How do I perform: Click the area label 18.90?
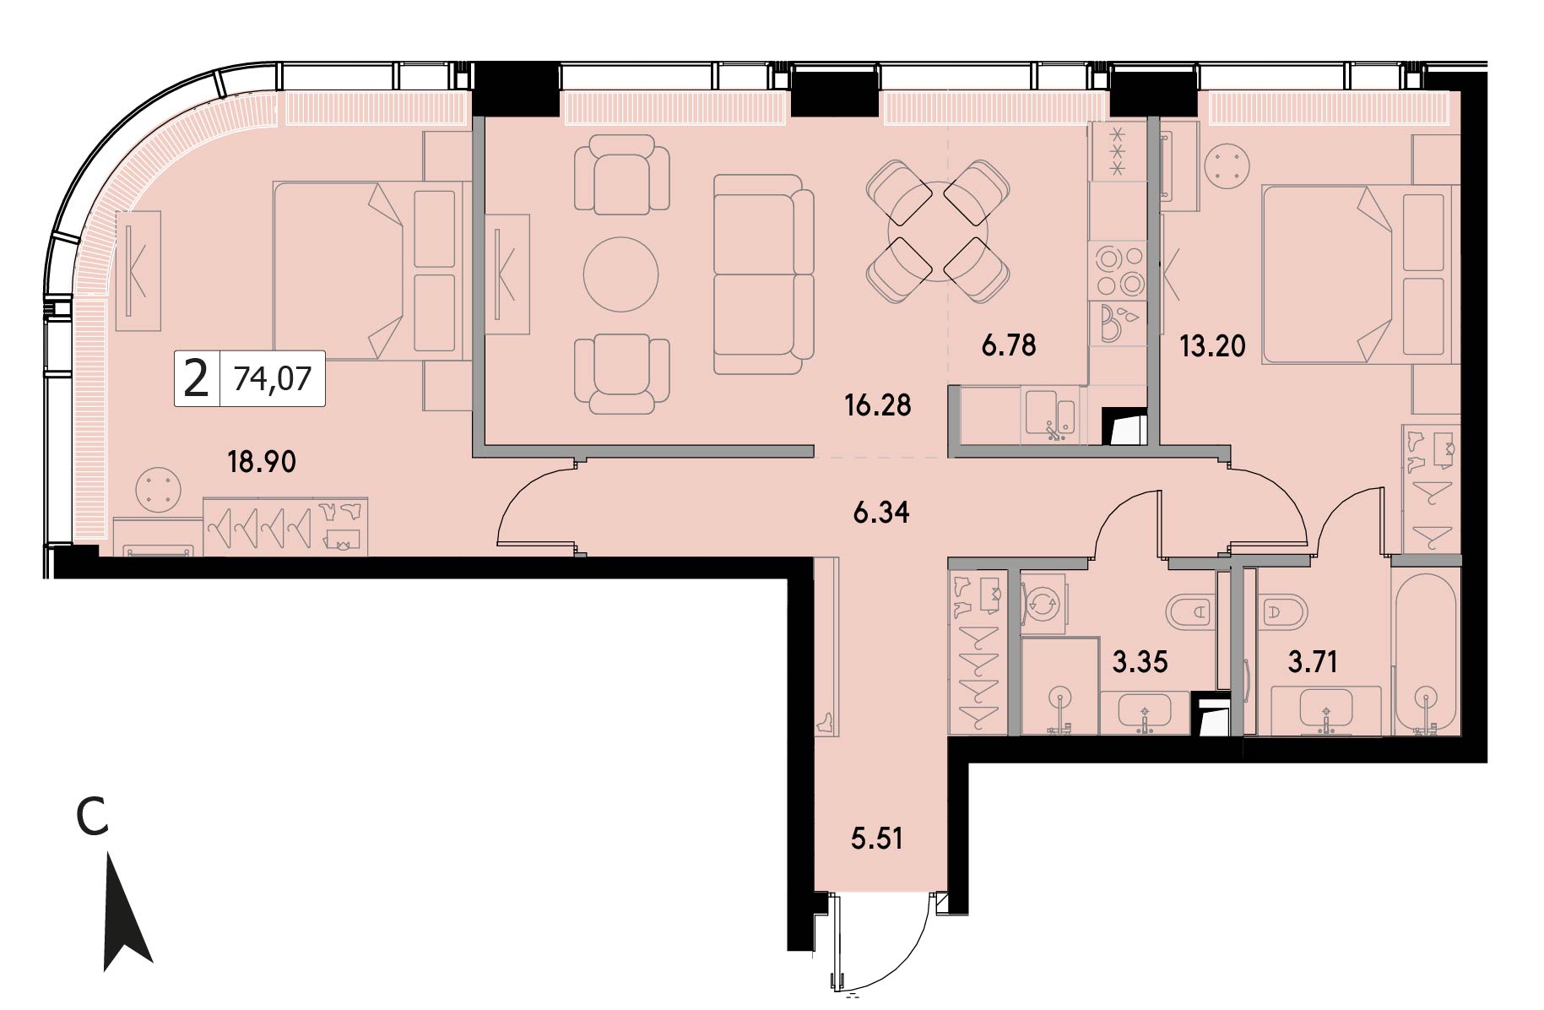(x=262, y=462)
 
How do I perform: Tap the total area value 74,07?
(x=273, y=378)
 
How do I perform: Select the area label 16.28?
(x=878, y=405)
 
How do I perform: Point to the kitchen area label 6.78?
(x=1008, y=345)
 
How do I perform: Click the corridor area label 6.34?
(x=881, y=513)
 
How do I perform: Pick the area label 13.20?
(x=1212, y=345)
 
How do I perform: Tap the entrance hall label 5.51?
(x=877, y=839)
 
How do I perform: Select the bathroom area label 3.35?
(x=1140, y=662)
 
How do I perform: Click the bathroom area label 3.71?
(x=1313, y=662)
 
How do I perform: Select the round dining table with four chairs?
(x=938, y=231)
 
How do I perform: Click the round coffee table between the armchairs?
(x=620, y=274)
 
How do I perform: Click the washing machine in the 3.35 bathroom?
(x=1044, y=603)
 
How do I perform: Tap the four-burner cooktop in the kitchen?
(x=1119, y=271)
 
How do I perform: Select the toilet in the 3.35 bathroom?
(x=1190, y=610)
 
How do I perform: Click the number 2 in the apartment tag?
(x=196, y=378)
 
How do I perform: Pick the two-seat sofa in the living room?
(x=763, y=274)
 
